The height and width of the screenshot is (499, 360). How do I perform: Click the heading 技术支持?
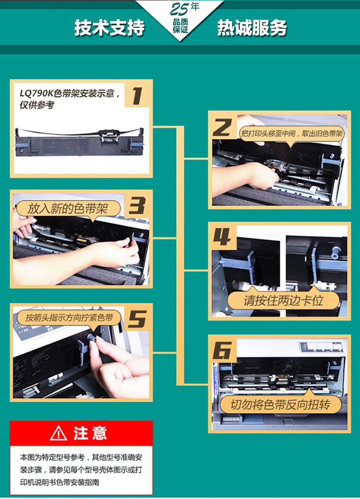[x=109, y=27]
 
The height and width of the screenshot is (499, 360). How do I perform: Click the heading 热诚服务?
[x=252, y=27]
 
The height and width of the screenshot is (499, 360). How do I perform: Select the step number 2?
[x=222, y=128]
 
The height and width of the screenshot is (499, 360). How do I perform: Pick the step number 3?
[x=137, y=206]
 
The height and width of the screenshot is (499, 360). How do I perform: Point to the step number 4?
[x=222, y=237]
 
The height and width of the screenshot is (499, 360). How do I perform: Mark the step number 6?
[x=222, y=351]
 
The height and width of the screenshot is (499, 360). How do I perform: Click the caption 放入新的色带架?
[x=68, y=209]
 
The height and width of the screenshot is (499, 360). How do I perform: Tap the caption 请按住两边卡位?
[x=283, y=300]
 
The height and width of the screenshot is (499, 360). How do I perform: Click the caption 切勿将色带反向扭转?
[x=280, y=404]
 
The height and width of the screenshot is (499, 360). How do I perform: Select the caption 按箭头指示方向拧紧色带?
[x=69, y=318]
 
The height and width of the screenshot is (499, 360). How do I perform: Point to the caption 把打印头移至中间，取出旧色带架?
[x=291, y=133]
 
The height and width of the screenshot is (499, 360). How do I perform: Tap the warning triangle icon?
[x=59, y=433]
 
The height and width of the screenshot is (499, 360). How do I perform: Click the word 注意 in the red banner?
[x=90, y=433]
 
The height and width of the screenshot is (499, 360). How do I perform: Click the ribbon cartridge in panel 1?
[x=80, y=142]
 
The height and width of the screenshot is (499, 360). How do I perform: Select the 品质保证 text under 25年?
[x=180, y=26]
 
